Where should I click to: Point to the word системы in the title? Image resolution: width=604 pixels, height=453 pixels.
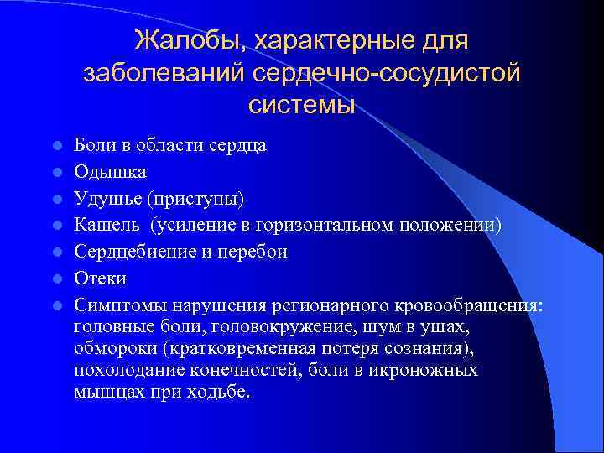coord(302,106)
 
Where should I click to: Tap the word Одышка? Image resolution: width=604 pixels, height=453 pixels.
coord(110,172)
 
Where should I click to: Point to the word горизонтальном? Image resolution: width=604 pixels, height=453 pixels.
coord(333,225)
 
